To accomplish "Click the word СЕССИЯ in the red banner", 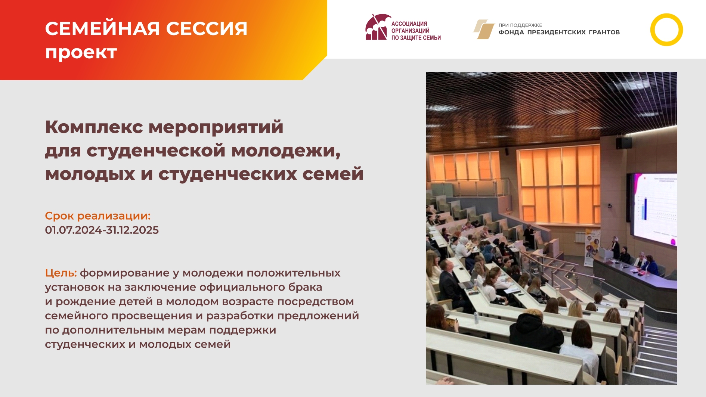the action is point(207,29).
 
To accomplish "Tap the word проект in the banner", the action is point(81,52).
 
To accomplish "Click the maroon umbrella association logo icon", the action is point(377,27).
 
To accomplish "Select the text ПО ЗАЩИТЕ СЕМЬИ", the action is point(416,38).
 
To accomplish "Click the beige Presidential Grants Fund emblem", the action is point(484,29).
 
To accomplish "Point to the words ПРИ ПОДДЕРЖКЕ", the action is point(520,25).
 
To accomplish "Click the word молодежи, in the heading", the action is point(286,151).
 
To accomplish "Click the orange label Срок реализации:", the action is point(98,216).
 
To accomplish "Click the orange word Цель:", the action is point(61,273).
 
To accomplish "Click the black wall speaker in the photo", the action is point(623,143).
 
